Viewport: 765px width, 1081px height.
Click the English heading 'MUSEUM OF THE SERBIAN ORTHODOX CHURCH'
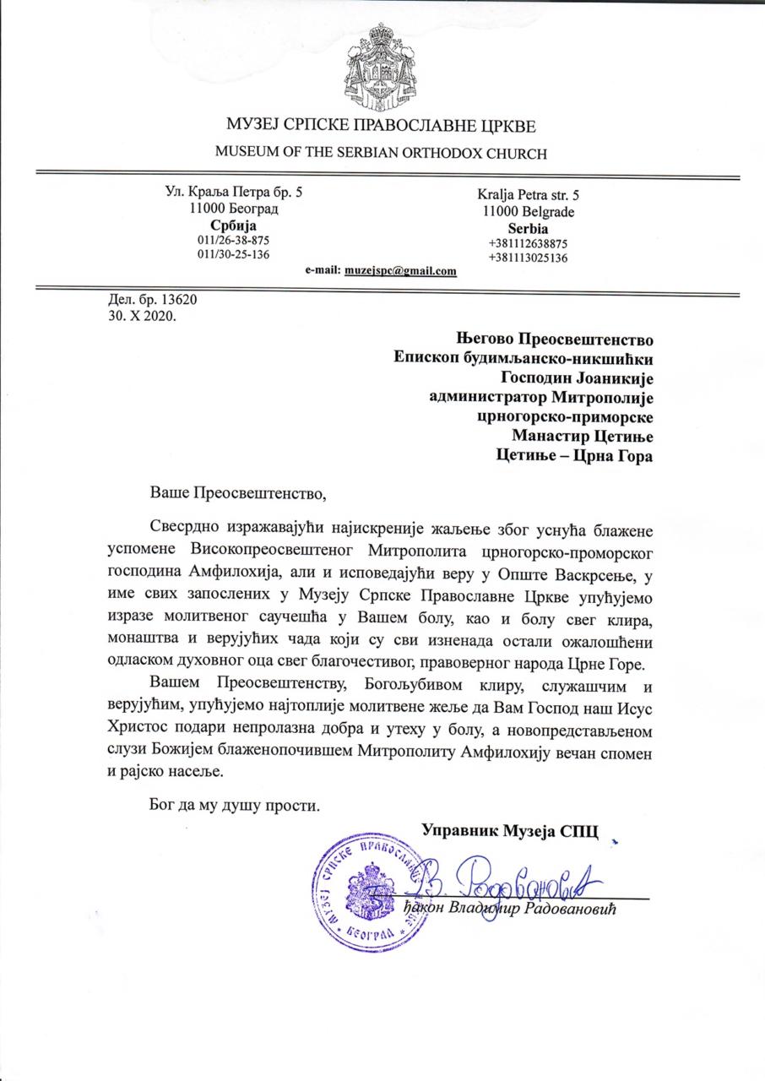point(382,153)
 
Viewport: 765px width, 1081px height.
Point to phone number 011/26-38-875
point(233,240)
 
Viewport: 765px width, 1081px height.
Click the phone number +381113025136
point(528,258)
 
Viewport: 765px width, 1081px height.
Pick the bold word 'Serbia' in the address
point(528,228)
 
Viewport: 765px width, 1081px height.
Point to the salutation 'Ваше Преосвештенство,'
point(237,491)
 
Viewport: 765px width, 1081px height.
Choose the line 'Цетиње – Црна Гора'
point(573,456)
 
